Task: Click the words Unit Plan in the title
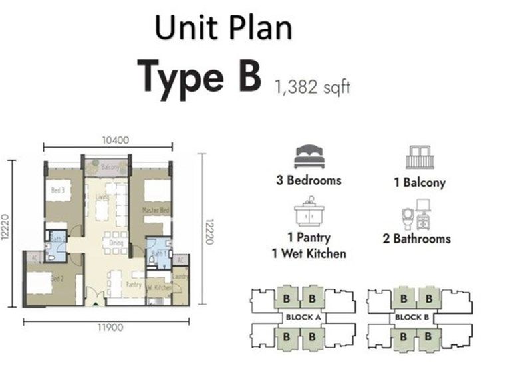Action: pos(223,29)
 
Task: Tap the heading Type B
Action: pos(199,75)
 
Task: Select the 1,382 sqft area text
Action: pos(311,86)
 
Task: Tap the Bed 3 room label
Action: pos(58,190)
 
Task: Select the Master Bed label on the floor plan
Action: pos(153,209)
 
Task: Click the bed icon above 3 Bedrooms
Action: pos(309,157)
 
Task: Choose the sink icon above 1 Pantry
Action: pos(309,213)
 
